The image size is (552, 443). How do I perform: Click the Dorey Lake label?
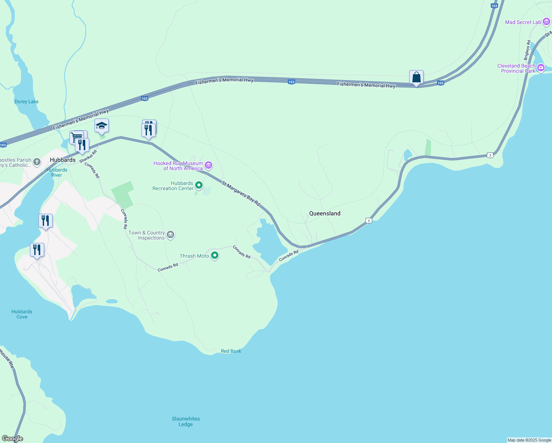point(27,102)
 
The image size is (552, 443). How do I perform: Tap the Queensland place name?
point(325,213)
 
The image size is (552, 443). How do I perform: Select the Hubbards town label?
point(63,160)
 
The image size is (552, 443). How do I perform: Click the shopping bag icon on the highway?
point(416,78)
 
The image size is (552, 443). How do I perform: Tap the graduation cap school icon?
point(101,126)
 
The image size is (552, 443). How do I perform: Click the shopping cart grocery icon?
point(76,137)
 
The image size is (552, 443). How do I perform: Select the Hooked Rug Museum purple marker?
point(208,165)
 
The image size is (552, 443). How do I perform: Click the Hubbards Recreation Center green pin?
point(199,185)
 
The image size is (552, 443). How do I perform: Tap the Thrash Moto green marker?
point(214,255)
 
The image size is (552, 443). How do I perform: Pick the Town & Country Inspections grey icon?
point(170,234)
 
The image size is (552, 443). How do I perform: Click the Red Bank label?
point(231,351)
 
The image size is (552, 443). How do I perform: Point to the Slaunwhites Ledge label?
point(186,422)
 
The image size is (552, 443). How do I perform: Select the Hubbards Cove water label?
point(22,314)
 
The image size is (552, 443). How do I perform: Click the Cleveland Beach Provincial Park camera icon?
point(541,68)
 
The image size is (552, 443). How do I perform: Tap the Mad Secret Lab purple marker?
point(546,22)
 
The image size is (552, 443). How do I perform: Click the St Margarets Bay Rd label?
point(241,193)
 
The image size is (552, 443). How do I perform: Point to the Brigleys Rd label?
point(527,50)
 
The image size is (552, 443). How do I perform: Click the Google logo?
point(12,439)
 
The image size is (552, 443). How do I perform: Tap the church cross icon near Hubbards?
point(37,162)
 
